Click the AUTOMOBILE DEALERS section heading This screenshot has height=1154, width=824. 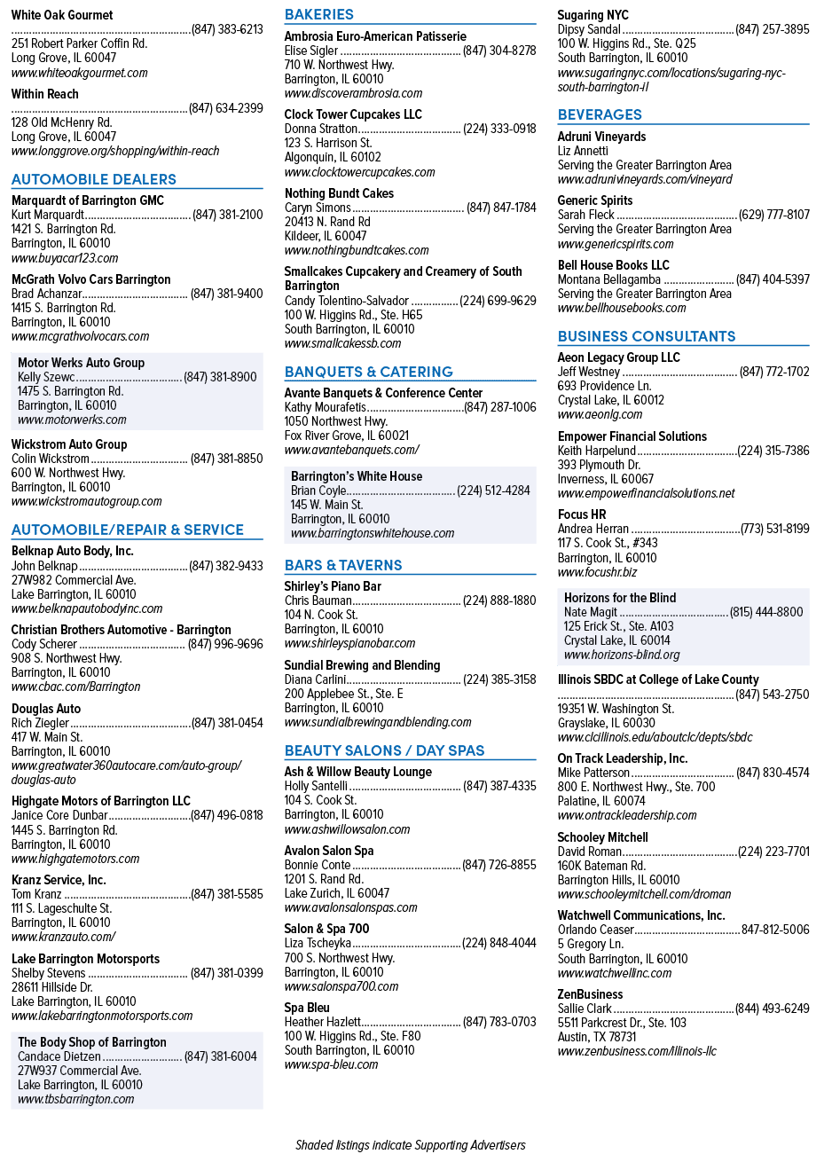tap(94, 179)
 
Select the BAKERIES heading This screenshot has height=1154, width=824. tap(319, 14)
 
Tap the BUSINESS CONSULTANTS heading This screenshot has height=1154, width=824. tap(647, 336)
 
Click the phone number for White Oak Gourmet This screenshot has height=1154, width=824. tap(227, 29)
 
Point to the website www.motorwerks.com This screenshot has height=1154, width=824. tap(72, 420)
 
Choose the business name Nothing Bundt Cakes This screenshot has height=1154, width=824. tap(340, 193)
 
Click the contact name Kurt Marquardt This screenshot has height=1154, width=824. tap(47, 215)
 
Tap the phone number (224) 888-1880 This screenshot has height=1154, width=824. tap(499, 601)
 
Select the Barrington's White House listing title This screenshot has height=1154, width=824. tap(357, 476)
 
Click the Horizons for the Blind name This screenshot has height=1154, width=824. tap(620, 598)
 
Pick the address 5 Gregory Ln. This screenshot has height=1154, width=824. tap(591, 944)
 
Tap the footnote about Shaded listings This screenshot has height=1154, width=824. tap(411, 1145)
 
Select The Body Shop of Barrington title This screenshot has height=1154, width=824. tap(92, 1041)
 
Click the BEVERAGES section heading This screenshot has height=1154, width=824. tap(600, 114)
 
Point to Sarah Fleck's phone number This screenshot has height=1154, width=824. tap(774, 215)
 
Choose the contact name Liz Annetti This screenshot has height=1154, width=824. tap(583, 151)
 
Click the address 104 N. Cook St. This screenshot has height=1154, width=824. tap(321, 615)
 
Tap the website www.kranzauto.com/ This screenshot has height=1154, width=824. tap(63, 937)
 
